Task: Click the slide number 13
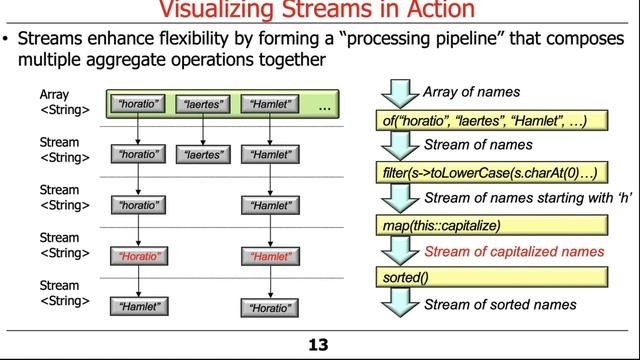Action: click(x=318, y=346)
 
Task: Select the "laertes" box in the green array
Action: click(x=203, y=104)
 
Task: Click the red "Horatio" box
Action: click(x=139, y=256)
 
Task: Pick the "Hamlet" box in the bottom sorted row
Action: click(x=139, y=307)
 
